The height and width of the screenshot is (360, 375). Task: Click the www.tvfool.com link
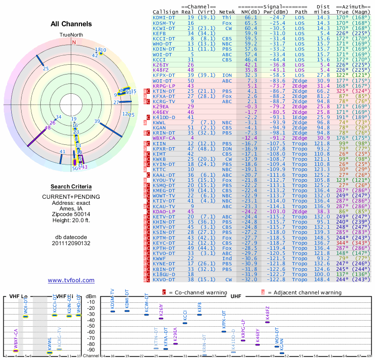(x=71, y=280)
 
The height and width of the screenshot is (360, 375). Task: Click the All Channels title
(x=71, y=24)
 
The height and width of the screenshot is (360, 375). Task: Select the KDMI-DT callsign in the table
(x=164, y=17)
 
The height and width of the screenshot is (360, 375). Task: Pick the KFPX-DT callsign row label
(x=164, y=75)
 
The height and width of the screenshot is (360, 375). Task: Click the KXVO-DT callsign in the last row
(x=164, y=279)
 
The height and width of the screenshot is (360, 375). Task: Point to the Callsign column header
(x=165, y=11)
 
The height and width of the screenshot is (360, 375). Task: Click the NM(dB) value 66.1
(x=250, y=17)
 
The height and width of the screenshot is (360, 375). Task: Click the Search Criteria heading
(x=71, y=186)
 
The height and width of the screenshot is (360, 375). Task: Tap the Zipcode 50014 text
(x=71, y=212)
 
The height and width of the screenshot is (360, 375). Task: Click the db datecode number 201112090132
(x=71, y=243)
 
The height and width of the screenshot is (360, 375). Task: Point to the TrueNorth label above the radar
(x=71, y=35)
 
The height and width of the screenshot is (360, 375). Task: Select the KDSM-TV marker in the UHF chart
(x=112, y=312)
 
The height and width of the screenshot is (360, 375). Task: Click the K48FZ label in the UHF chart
(x=268, y=313)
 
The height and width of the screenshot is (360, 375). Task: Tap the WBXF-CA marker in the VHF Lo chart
(x=15, y=350)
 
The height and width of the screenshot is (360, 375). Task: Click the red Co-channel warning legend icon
(x=164, y=292)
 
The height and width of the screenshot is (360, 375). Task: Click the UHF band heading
(x=235, y=297)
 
